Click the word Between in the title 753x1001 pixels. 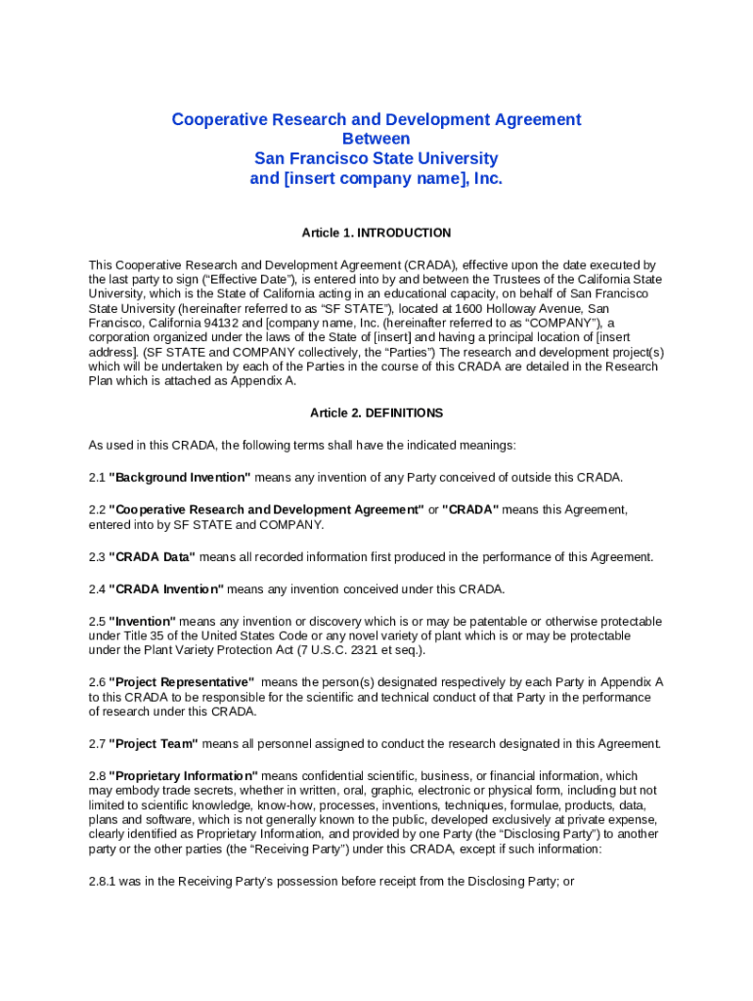pyautogui.click(x=376, y=139)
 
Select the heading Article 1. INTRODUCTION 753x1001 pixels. pyautogui.click(x=376, y=233)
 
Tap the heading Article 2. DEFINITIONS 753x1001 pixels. pyautogui.click(x=376, y=413)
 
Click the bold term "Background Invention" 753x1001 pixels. pyautogui.click(x=180, y=477)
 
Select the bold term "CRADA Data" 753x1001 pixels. pyautogui.click(x=152, y=557)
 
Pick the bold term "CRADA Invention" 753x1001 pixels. pyautogui.click(x=166, y=589)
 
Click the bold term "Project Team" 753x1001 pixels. pyautogui.click(x=154, y=744)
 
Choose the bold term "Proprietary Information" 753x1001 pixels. pyautogui.click(x=183, y=776)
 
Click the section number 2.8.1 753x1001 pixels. pyautogui.click(x=103, y=882)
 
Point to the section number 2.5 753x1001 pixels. pyautogui.click(x=96, y=622)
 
